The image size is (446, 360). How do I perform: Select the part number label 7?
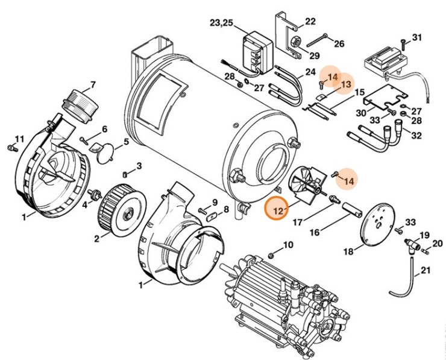pyautogui.click(x=93, y=84)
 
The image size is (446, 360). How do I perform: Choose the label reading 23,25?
pyautogui.click(x=221, y=23)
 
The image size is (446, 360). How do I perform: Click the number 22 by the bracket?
pyautogui.click(x=310, y=21)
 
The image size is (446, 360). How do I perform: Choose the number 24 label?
pyautogui.click(x=310, y=72)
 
